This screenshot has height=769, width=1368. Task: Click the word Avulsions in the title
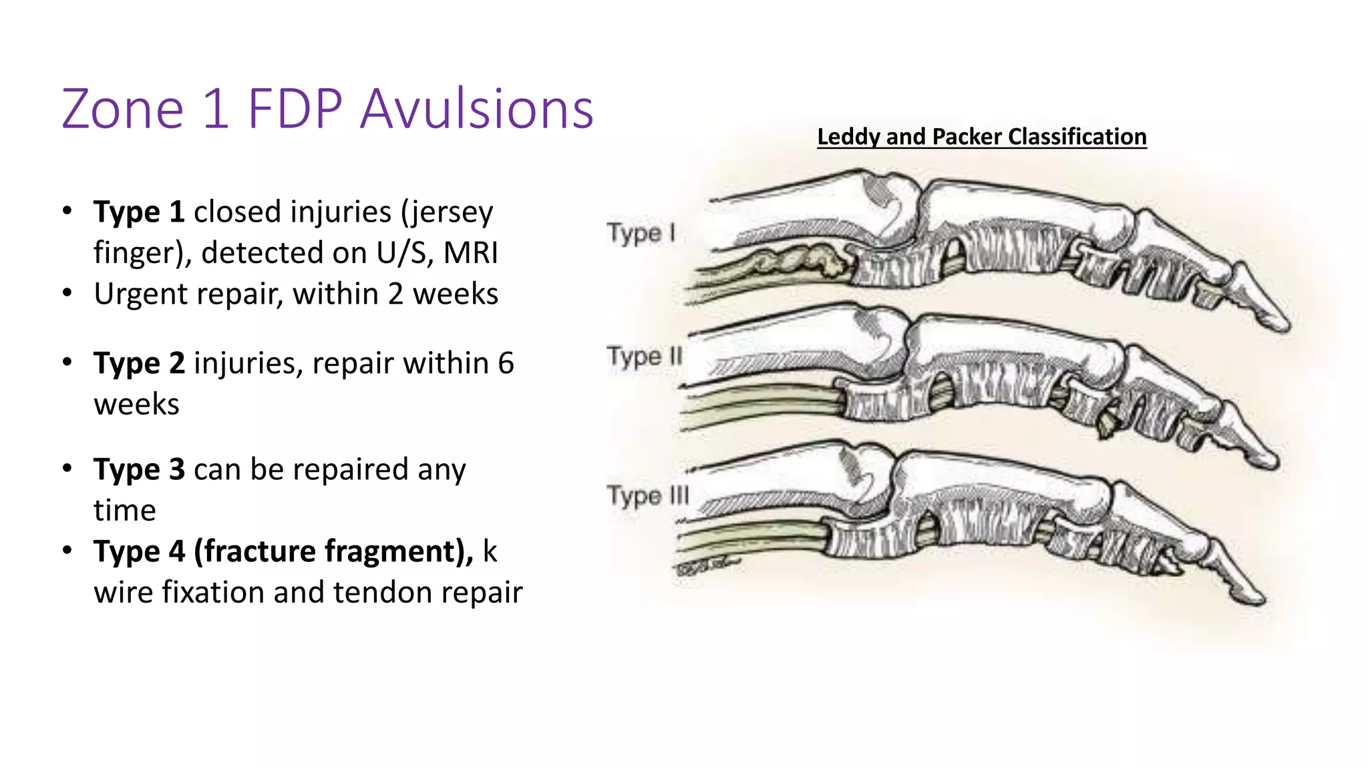(476, 109)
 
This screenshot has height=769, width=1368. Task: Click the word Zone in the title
(122, 109)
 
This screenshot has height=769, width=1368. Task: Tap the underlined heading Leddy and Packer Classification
(981, 137)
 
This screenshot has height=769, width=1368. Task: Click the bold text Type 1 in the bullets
(139, 212)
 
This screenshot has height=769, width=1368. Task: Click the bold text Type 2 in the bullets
(139, 364)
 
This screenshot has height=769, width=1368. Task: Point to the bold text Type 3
(139, 470)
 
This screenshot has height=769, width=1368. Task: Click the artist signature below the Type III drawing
(708, 567)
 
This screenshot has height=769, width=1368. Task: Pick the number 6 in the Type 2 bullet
(506, 364)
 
